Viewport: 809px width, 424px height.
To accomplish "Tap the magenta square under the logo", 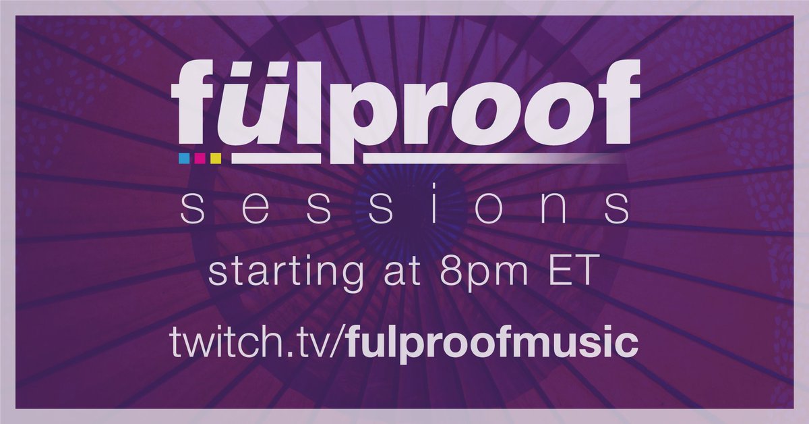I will click(x=200, y=159).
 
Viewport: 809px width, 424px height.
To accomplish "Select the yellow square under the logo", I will click(x=216, y=159).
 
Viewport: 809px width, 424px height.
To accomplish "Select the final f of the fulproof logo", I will click(x=611, y=101).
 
